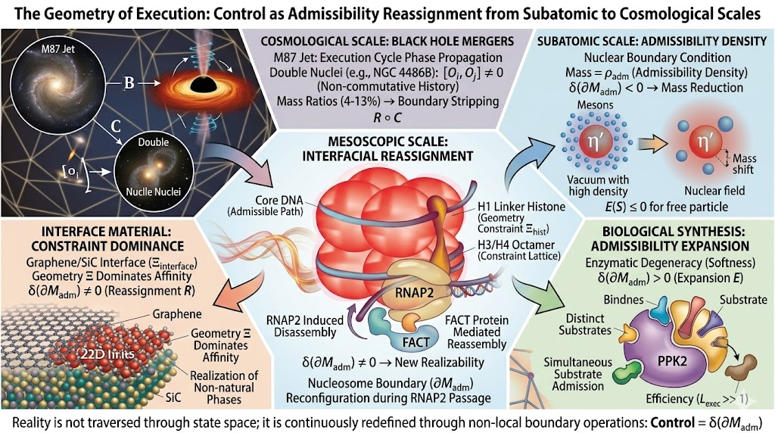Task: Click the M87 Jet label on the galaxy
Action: [x=58, y=48]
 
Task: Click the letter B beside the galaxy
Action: [x=129, y=82]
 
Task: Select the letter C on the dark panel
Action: [x=115, y=126]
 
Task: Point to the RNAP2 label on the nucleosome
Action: [x=414, y=293]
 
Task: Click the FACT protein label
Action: [x=416, y=341]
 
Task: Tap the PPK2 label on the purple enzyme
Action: [x=672, y=360]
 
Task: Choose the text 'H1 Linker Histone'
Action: [x=521, y=207]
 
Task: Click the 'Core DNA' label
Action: [x=279, y=200]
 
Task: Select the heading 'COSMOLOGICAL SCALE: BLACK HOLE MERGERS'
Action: [x=387, y=41]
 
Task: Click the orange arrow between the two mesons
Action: [x=654, y=143]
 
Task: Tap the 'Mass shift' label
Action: [x=743, y=164]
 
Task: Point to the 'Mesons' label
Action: [x=595, y=104]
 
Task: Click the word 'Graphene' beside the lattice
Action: [x=177, y=314]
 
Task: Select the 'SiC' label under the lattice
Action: [x=173, y=397]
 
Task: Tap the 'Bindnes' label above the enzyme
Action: [x=624, y=300]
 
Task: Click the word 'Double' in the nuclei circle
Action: [x=153, y=142]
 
